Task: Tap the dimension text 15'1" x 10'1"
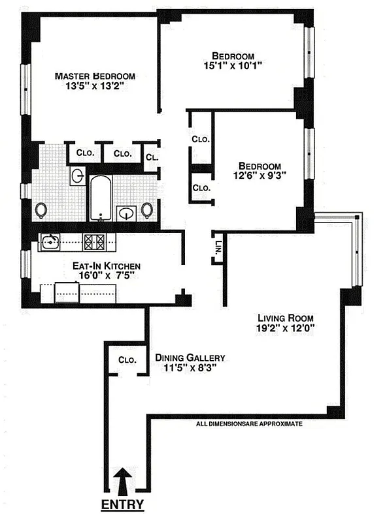pos(233,66)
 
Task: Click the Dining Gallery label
pos(190,358)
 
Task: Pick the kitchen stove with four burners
pos(93,242)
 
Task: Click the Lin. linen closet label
pos(218,247)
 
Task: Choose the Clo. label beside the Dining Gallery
pos(126,360)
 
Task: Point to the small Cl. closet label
pos(151,157)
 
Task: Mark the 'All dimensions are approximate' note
pos(249,423)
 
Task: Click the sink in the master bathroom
pos(77,176)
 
